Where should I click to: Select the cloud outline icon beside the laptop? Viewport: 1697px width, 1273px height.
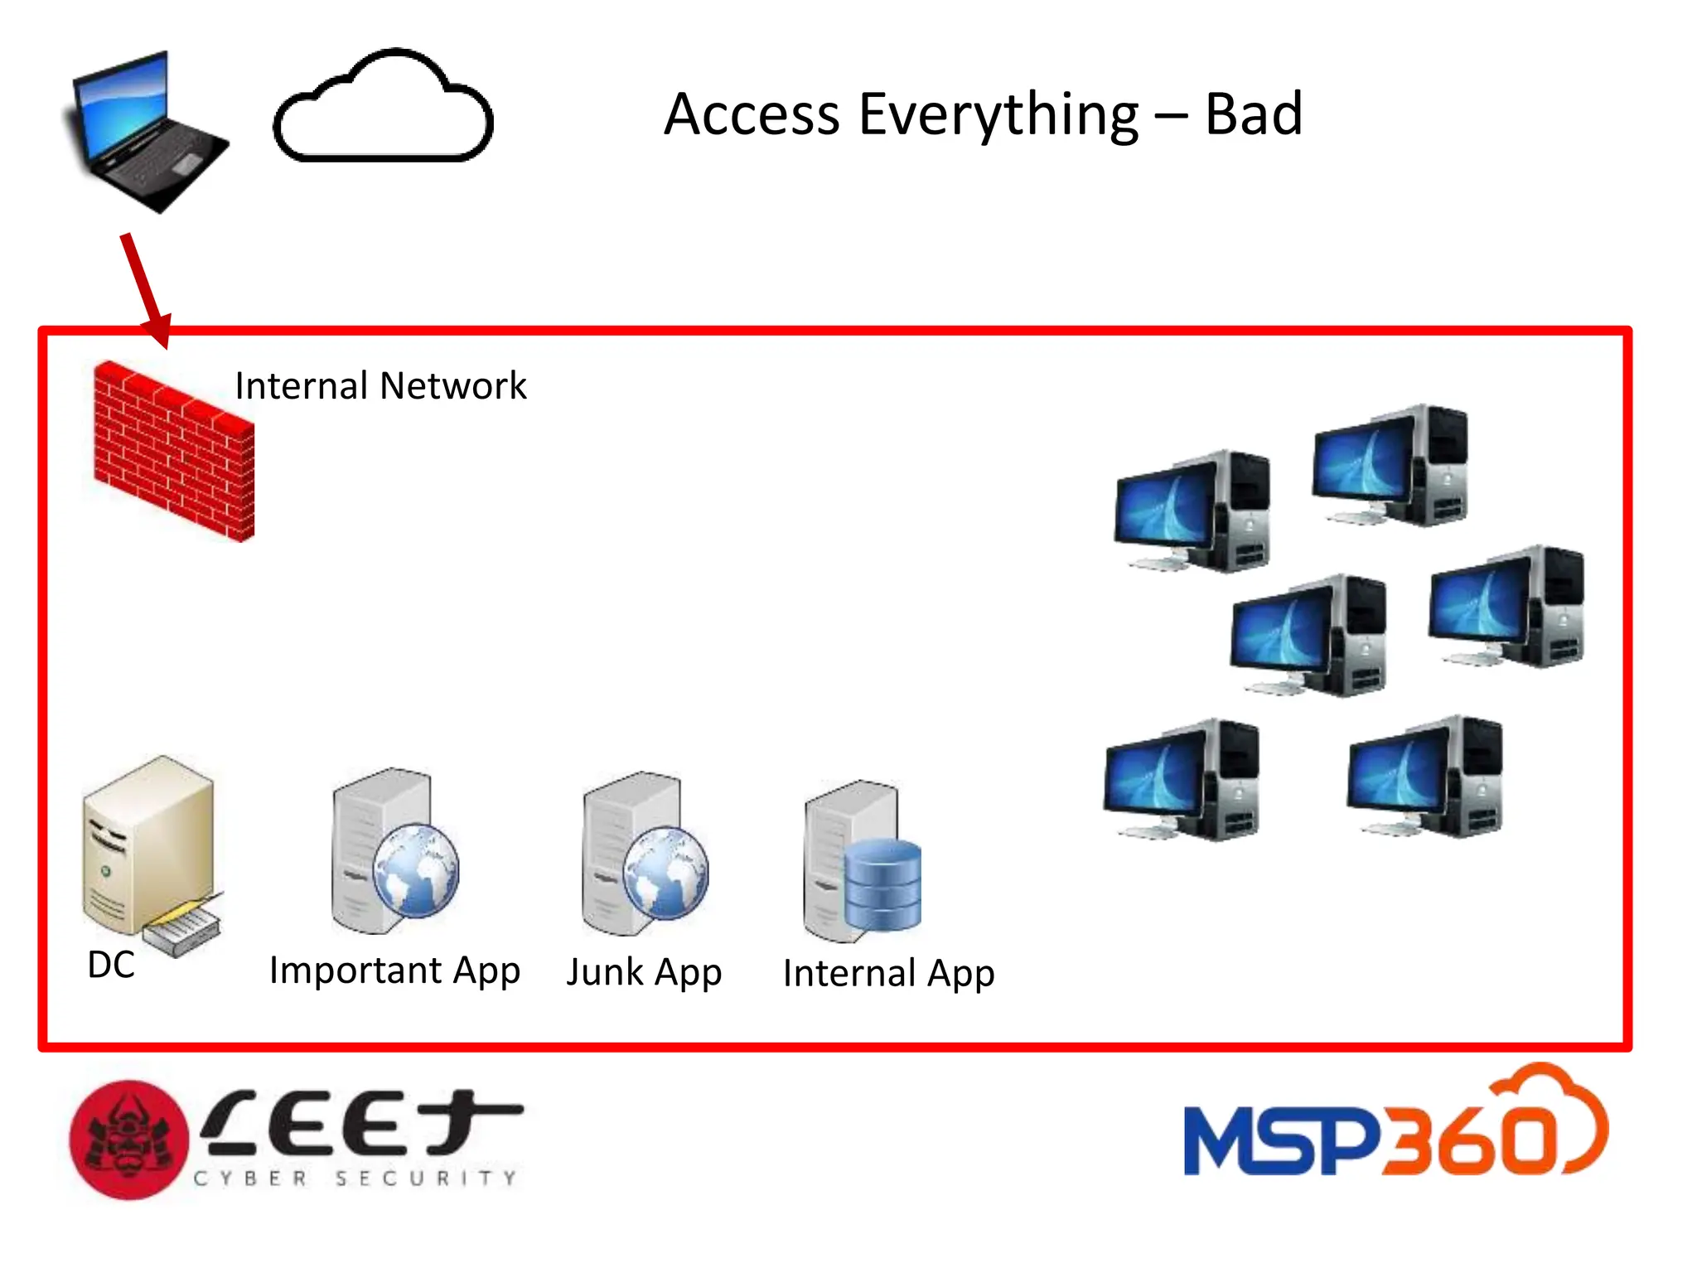(383, 108)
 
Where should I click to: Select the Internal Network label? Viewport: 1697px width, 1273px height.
(380, 386)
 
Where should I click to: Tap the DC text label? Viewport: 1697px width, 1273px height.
(111, 965)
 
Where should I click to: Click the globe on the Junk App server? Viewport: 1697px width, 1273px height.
(666, 873)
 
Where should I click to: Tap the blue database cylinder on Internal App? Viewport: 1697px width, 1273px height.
(883, 885)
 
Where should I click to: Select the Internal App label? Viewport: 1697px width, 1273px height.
(888, 974)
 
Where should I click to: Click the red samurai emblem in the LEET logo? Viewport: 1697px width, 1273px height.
(129, 1140)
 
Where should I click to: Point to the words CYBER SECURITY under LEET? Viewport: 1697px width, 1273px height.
(356, 1178)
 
